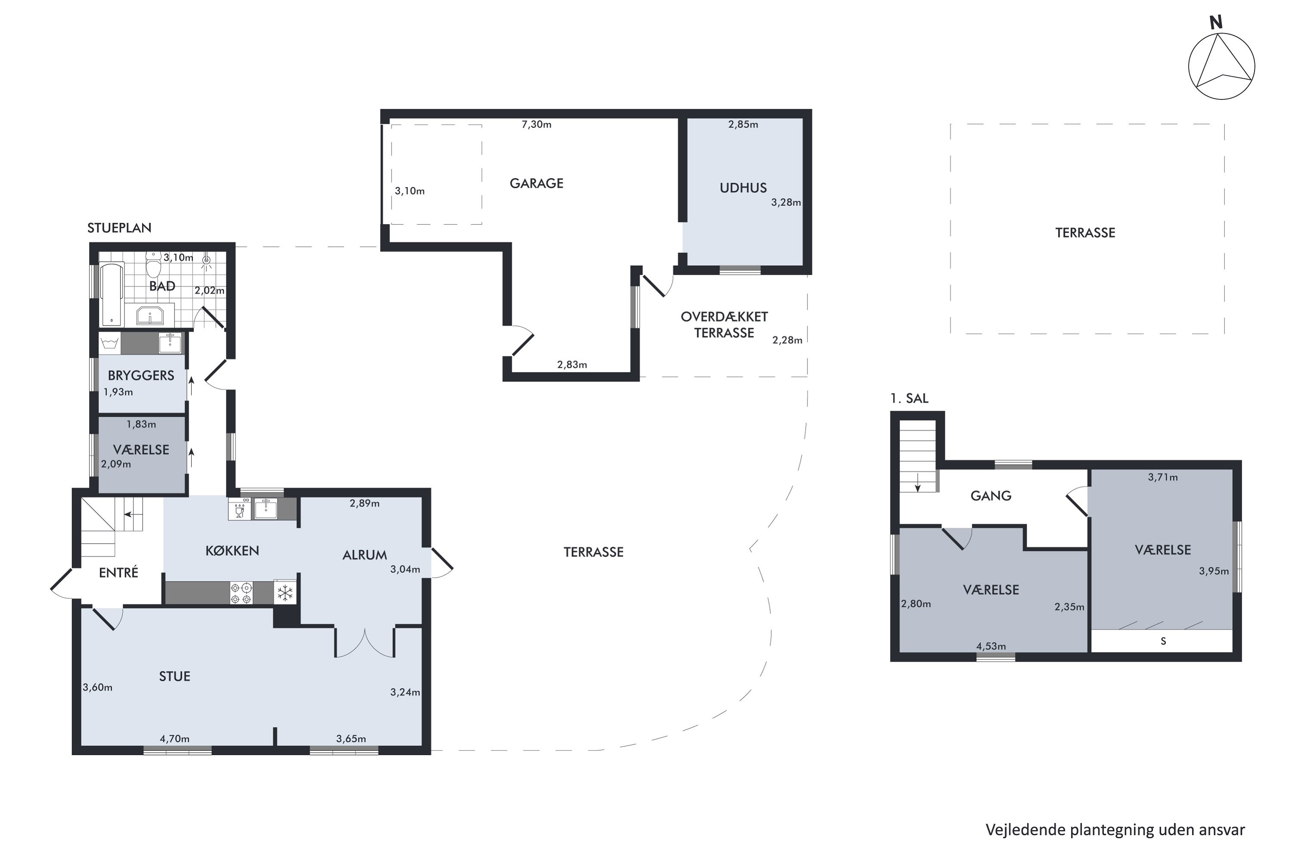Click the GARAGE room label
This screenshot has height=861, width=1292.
point(536,183)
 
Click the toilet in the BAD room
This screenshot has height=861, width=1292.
point(153,265)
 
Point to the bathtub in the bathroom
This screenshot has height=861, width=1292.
point(112,295)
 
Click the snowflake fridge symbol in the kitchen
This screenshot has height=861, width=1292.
point(285,592)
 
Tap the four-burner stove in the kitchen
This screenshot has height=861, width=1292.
point(241,592)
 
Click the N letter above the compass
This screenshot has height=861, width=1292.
point(1216,22)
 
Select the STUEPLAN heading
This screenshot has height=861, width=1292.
point(119,228)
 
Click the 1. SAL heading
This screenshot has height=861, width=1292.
point(909,399)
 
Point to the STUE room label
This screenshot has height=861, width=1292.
point(175,676)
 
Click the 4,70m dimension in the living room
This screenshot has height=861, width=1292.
point(175,739)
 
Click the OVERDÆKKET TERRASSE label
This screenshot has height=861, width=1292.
point(724,325)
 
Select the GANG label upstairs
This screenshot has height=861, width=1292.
point(991,496)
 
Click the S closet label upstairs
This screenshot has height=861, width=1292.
point(1163,641)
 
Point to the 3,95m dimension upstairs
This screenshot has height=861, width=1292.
point(1214,571)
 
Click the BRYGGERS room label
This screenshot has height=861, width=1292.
point(141,375)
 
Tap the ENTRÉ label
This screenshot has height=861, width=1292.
point(119,573)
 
